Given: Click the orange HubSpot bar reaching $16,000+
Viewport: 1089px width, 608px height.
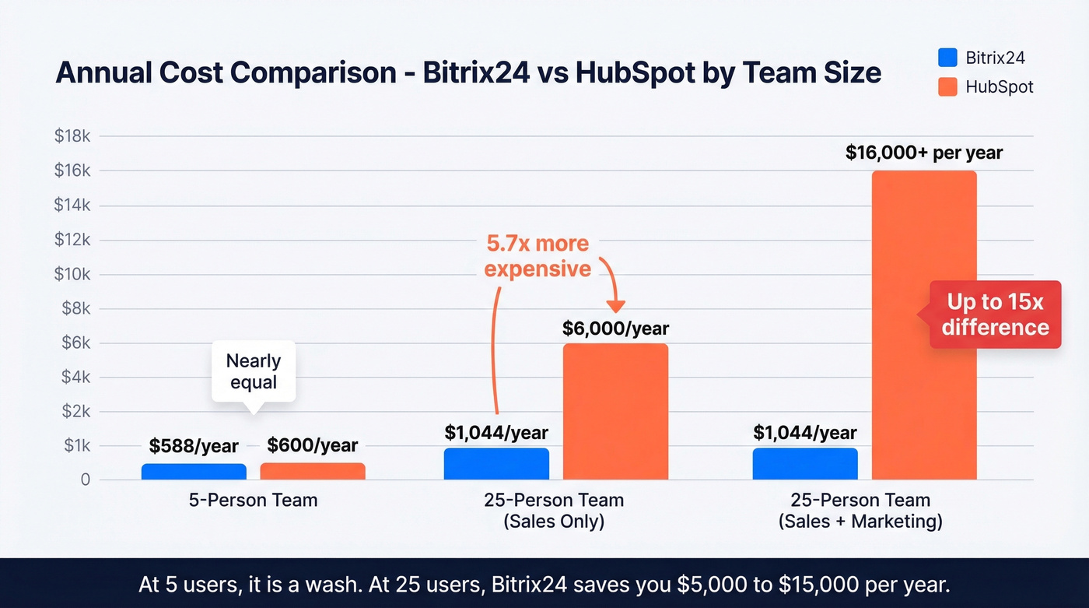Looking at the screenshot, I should [923, 325].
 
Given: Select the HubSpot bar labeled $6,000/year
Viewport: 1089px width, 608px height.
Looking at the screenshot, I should [615, 411].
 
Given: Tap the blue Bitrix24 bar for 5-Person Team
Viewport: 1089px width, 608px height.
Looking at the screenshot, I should [194, 471].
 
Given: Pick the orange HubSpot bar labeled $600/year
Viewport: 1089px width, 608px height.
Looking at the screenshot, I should [312, 471].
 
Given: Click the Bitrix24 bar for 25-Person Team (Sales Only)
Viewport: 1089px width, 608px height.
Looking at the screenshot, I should [496, 463].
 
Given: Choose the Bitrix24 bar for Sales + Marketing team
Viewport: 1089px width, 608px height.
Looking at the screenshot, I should [805, 463].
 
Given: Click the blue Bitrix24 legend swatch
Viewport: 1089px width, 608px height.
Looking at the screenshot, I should [947, 58].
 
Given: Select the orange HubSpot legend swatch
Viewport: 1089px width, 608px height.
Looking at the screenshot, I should [947, 86].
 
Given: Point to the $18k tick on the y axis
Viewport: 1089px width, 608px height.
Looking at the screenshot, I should [72, 136].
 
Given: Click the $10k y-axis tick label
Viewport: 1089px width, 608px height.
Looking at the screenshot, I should [72, 274].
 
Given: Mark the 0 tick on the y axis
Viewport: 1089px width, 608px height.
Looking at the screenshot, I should [85, 480].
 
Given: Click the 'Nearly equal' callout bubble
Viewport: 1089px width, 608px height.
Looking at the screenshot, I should [254, 371].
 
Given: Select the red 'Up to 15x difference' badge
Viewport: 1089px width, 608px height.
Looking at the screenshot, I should [995, 315].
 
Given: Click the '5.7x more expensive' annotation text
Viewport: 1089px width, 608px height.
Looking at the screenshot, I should [537, 256].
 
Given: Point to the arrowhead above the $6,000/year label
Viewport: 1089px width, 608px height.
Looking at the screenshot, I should [616, 307].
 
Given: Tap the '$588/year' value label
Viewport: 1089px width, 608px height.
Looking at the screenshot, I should [194, 445].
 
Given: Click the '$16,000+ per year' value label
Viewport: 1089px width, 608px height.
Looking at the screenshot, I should [923, 153].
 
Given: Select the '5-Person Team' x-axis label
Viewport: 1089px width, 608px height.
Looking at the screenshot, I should [253, 500].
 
